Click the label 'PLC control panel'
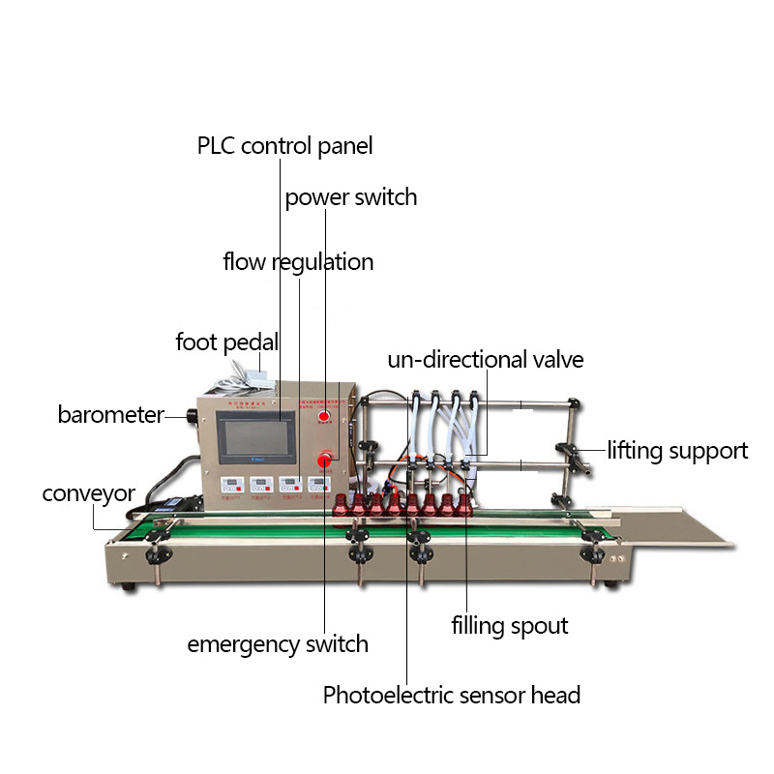[x=284, y=146]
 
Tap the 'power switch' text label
[x=350, y=197]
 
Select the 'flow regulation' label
[x=298, y=262]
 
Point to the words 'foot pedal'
[x=227, y=342]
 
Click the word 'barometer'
[x=110, y=415]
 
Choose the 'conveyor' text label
[x=88, y=493]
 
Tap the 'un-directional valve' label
[x=486, y=360]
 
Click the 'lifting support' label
[x=677, y=450]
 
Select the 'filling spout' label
[x=510, y=625]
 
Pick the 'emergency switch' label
[x=278, y=643]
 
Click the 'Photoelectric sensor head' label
[x=452, y=695]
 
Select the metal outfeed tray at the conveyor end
[x=676, y=530]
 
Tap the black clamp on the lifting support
[x=567, y=451]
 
